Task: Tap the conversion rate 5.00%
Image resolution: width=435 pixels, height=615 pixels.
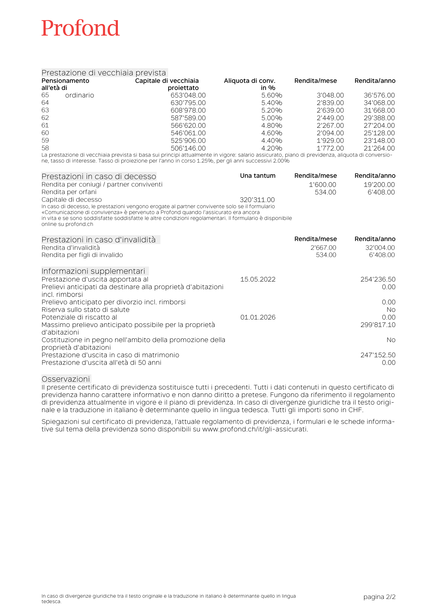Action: tap(272, 118)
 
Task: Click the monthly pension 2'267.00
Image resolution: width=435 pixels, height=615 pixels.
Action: tap(330, 126)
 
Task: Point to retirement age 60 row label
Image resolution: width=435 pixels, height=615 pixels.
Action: tap(45, 133)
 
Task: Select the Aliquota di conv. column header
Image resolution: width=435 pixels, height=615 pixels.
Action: tap(250, 81)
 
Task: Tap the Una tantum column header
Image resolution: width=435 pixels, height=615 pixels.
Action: tap(258, 176)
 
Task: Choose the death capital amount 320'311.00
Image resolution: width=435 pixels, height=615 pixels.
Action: tap(257, 200)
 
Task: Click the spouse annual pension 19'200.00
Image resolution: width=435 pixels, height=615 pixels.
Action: tap(379, 185)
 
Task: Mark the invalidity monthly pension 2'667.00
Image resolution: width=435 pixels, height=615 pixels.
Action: tap(323, 248)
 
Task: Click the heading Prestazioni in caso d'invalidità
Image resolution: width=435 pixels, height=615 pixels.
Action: tap(99, 240)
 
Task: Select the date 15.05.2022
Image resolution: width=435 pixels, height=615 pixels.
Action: tap(258, 279)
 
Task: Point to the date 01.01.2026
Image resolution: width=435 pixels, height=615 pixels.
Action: tap(258, 317)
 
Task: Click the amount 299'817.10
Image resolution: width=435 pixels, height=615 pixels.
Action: tap(378, 325)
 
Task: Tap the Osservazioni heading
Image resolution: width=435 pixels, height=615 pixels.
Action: tap(66, 379)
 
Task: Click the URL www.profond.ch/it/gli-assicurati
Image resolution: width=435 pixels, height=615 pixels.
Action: tap(255, 429)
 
